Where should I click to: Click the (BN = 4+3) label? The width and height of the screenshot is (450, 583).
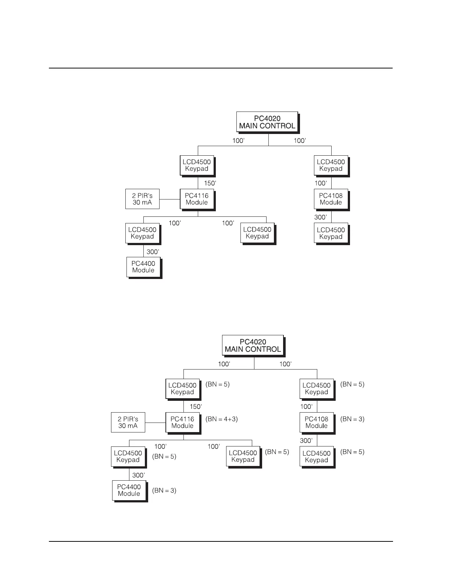[222, 419]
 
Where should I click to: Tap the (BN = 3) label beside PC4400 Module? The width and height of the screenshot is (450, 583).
[164, 490]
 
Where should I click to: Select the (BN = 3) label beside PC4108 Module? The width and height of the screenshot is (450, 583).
[352, 419]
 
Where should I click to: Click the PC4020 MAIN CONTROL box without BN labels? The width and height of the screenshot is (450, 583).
[267, 122]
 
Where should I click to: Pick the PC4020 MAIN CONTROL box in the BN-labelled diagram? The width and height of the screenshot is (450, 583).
[253, 345]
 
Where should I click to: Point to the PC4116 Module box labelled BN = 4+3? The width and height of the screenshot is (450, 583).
[182, 422]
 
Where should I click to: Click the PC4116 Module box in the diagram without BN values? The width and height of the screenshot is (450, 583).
[197, 199]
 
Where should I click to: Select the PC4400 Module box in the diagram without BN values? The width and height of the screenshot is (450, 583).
[143, 267]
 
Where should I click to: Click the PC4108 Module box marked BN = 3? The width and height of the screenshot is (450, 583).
[316, 422]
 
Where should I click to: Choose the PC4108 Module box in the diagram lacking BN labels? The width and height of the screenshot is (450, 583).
[331, 199]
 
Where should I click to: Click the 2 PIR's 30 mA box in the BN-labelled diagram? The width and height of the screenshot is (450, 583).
[128, 422]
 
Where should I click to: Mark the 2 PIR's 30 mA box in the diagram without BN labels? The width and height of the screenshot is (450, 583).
[142, 199]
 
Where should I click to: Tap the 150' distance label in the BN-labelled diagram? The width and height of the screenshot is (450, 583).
[196, 407]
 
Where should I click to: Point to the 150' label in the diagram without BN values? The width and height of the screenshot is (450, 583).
[210, 183]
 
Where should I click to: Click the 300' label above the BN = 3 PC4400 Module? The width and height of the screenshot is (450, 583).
[138, 475]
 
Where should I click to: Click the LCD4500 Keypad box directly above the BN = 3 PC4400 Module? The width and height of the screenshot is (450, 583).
[128, 456]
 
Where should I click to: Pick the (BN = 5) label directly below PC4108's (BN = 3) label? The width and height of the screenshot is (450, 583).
[352, 452]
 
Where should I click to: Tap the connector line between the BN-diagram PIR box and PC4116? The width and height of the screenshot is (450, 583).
[155, 423]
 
